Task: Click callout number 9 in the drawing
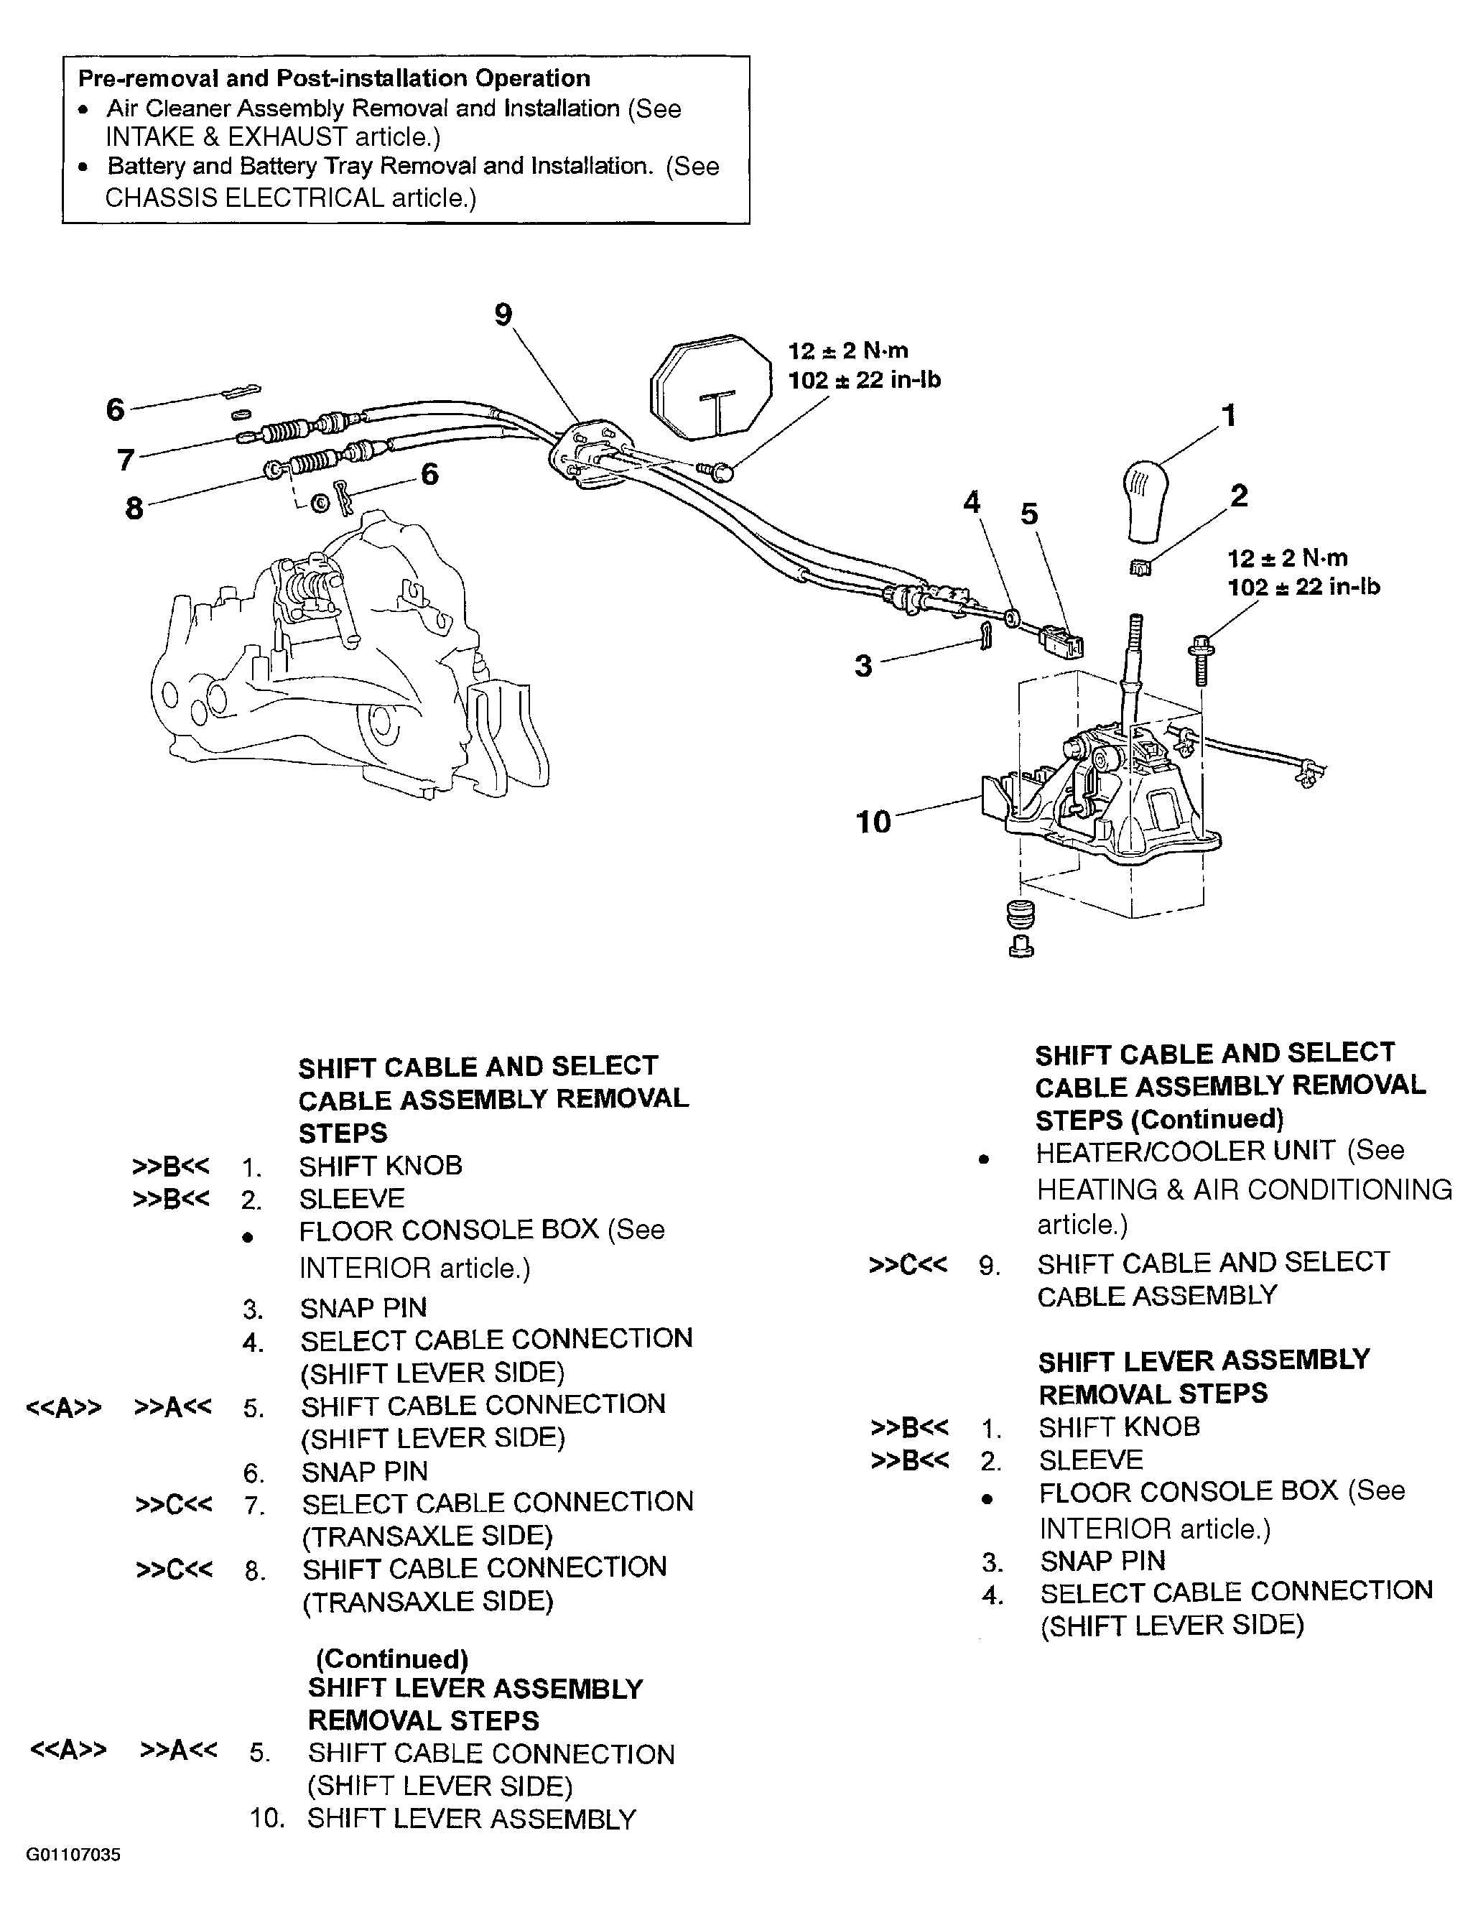pyautogui.click(x=503, y=314)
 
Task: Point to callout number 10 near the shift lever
pyautogui.click(x=873, y=822)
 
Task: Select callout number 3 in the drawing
pyautogui.click(x=863, y=666)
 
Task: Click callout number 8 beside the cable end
pyautogui.click(x=134, y=508)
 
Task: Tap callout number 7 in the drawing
pyautogui.click(x=126, y=460)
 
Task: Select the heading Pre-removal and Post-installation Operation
pyautogui.click(x=334, y=78)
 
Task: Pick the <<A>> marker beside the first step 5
pyautogui.click(x=64, y=1407)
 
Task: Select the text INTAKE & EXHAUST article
pyautogui.click(x=273, y=136)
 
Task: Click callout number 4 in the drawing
pyautogui.click(x=971, y=502)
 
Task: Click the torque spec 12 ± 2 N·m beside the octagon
pyautogui.click(x=847, y=351)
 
